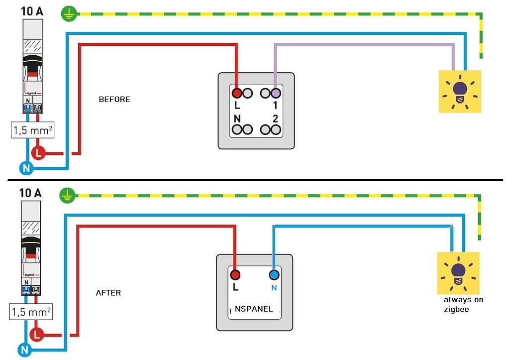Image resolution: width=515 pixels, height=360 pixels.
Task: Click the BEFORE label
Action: pos(114,99)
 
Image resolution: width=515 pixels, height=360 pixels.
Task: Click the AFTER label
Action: pos(108,293)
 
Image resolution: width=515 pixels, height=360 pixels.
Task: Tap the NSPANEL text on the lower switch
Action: pos(254,309)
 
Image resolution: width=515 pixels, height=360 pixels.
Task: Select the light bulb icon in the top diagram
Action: pos(459,92)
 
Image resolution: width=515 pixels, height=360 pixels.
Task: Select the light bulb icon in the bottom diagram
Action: pos(458,273)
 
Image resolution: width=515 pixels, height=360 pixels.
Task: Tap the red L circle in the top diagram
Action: pos(38,153)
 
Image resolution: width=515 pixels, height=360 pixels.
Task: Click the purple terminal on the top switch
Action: pos(276,93)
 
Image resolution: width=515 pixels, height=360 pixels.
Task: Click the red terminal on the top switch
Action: pos(237,93)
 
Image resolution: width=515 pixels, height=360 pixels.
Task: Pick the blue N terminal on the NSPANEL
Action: pos(273,274)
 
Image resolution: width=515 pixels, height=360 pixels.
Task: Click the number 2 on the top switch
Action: pos(275,118)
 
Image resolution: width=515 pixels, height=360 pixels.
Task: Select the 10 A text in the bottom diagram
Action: pos(31,193)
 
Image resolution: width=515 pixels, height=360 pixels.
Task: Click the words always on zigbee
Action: pos(463,304)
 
